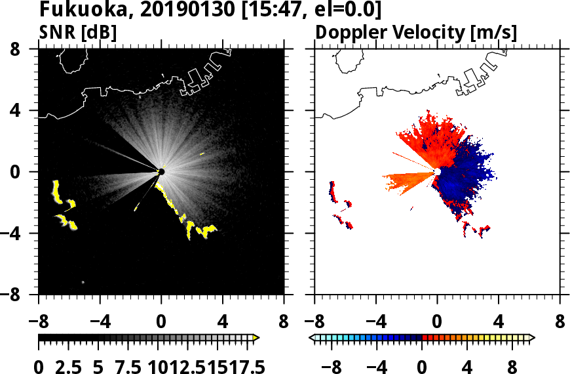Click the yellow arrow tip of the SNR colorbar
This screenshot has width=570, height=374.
[256, 337]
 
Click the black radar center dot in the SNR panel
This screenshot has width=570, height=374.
[161, 172]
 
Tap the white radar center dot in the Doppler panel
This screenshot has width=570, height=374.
[437, 171]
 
